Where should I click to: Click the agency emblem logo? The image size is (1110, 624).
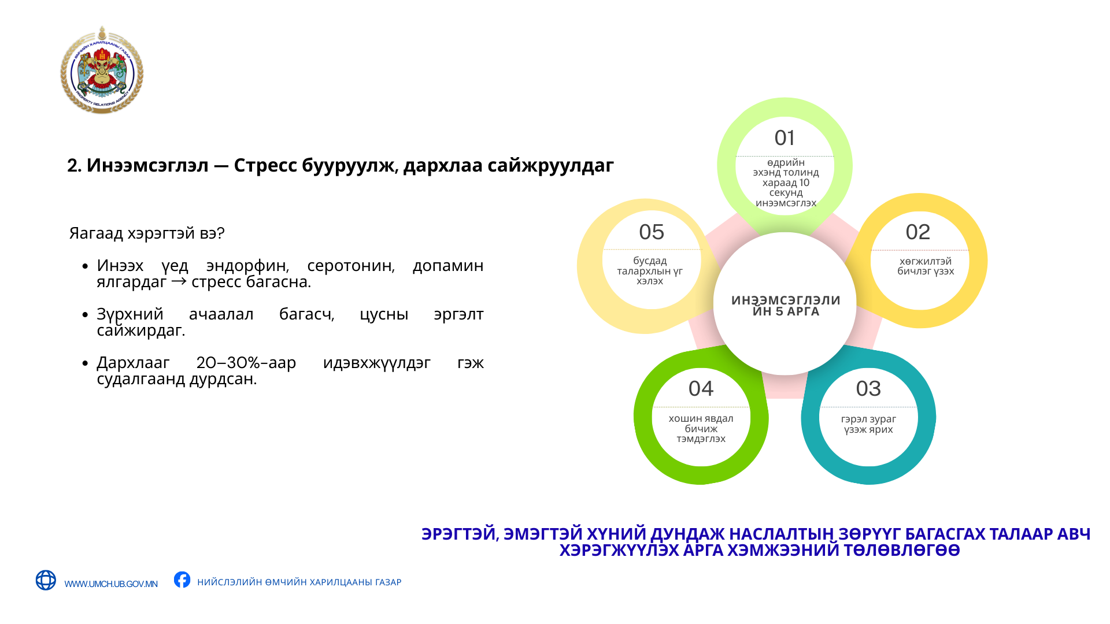click(x=102, y=70)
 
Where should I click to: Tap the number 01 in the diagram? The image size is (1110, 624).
click(x=785, y=138)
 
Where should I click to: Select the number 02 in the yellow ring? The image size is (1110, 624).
click(x=918, y=232)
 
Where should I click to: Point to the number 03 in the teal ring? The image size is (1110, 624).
click(x=868, y=389)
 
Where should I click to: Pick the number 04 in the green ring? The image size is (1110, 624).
click(x=701, y=389)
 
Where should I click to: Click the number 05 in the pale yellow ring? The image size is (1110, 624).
click(x=652, y=232)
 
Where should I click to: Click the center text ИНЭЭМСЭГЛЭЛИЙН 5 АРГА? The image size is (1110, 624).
click(x=786, y=306)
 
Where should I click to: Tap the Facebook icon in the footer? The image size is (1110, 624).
click(x=182, y=580)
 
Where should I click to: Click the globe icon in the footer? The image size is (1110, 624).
click(x=46, y=580)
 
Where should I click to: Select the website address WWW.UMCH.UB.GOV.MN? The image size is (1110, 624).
click(x=111, y=584)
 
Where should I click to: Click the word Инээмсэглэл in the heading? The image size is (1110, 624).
click(x=147, y=165)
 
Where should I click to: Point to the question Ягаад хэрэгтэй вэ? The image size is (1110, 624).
click(x=147, y=233)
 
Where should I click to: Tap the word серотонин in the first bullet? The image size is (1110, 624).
click(x=351, y=266)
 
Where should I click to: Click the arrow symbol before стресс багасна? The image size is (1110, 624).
click(x=179, y=281)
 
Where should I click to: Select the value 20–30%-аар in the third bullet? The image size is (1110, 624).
click(x=246, y=363)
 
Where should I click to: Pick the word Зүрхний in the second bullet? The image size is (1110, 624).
click(x=130, y=314)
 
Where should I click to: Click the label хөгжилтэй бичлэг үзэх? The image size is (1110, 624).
click(x=926, y=266)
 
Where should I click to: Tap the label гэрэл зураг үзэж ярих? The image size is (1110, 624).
click(x=868, y=424)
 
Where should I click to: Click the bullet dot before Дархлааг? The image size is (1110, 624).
click(x=85, y=363)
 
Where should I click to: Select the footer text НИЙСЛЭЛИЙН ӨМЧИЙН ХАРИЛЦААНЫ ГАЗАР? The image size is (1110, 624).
click(x=299, y=582)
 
